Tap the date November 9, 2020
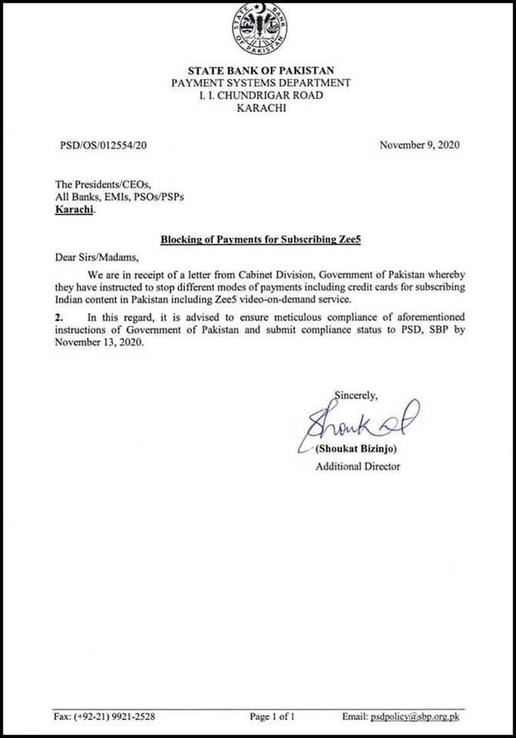[419, 145]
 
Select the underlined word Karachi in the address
[74, 211]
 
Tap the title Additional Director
[357, 466]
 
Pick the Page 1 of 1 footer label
[271, 716]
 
